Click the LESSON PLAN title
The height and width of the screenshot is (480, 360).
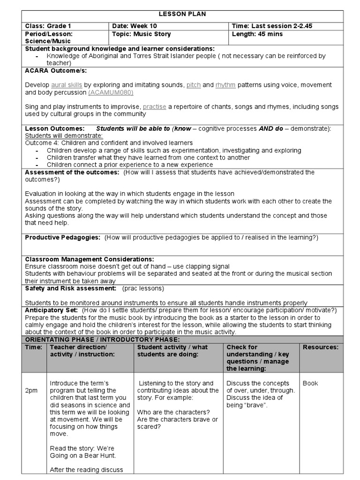pos(182,14)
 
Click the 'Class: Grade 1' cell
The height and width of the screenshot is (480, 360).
pos(48,26)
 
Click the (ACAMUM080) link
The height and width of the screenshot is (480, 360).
pos(110,92)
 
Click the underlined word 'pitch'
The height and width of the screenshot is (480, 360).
pos(194,85)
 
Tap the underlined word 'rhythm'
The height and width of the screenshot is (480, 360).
pos(225,85)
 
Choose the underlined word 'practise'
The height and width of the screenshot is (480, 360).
pos(155,107)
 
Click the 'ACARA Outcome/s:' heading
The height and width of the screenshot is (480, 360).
pos(56,70)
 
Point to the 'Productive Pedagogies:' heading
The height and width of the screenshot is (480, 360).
pos(63,238)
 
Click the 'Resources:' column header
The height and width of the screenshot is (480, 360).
pos(320,347)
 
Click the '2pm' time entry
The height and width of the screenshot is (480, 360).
pos(31,390)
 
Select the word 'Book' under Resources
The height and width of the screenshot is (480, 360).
pos(310,383)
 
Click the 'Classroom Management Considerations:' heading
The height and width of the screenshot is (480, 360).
pos(89,259)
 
